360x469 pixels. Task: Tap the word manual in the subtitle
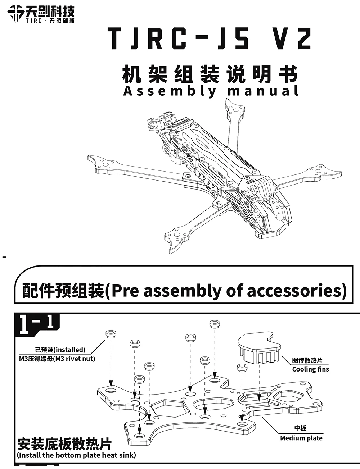[263, 91]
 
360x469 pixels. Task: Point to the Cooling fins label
[310, 369]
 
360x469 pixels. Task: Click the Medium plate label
[301, 438]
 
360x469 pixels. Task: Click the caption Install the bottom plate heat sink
[77, 455]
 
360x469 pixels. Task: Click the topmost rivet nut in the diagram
[215, 324]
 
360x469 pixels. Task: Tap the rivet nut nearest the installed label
[111, 334]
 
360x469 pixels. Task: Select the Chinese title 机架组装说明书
[210, 74]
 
